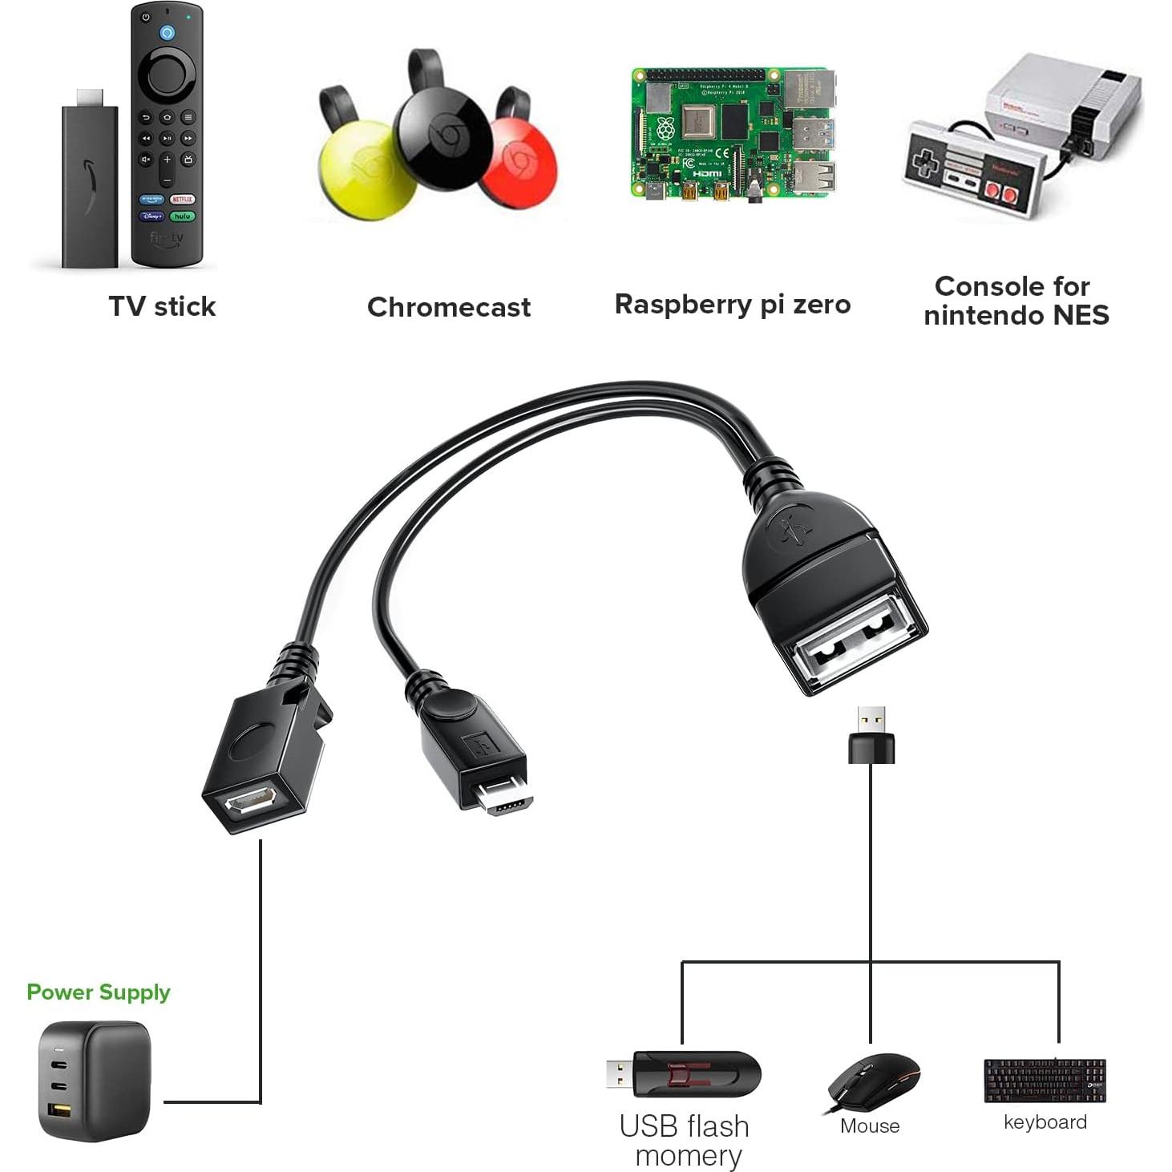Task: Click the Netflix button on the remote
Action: pos(182,199)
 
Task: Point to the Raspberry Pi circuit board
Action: pos(731,133)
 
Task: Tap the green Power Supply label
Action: pos(99,992)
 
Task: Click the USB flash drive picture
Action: pos(683,1074)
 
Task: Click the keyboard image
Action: pos(1045,1080)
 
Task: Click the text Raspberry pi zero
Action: pos(732,305)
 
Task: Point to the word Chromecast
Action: pos(448,307)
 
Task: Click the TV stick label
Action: pos(162,306)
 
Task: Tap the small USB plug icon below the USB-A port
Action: pos(871,734)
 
